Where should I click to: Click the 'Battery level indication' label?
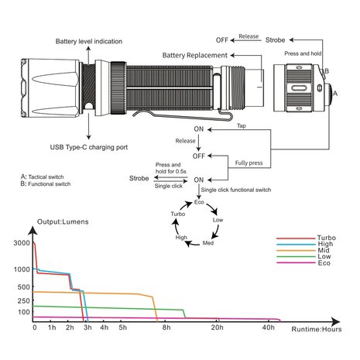pos(89,41)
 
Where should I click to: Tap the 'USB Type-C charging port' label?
pos(89,147)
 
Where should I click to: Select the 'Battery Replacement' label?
pos(195,55)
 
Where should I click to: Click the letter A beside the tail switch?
pos(335,93)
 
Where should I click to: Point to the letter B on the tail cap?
pos(327,71)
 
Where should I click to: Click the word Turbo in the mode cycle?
pos(178,214)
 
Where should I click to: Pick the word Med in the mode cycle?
pos(208,243)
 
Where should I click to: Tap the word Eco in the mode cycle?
pos(199,202)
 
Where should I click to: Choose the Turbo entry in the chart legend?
pos(327,238)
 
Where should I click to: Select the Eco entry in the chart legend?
pos(324,263)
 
